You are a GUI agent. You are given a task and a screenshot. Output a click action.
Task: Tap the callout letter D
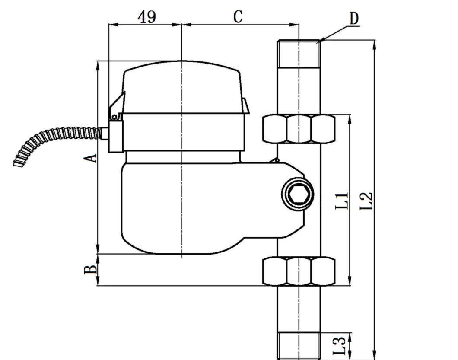[354, 19]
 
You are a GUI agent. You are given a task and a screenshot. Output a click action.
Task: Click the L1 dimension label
[342, 200]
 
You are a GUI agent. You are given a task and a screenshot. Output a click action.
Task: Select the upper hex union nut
[299, 129]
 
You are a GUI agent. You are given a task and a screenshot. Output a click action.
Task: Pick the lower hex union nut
[299, 271]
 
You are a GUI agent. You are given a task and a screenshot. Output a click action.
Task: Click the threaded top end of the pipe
[299, 54]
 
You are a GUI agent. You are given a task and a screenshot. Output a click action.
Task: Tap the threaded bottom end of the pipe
[299, 345]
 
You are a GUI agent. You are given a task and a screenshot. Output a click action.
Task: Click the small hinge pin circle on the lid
[114, 116]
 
